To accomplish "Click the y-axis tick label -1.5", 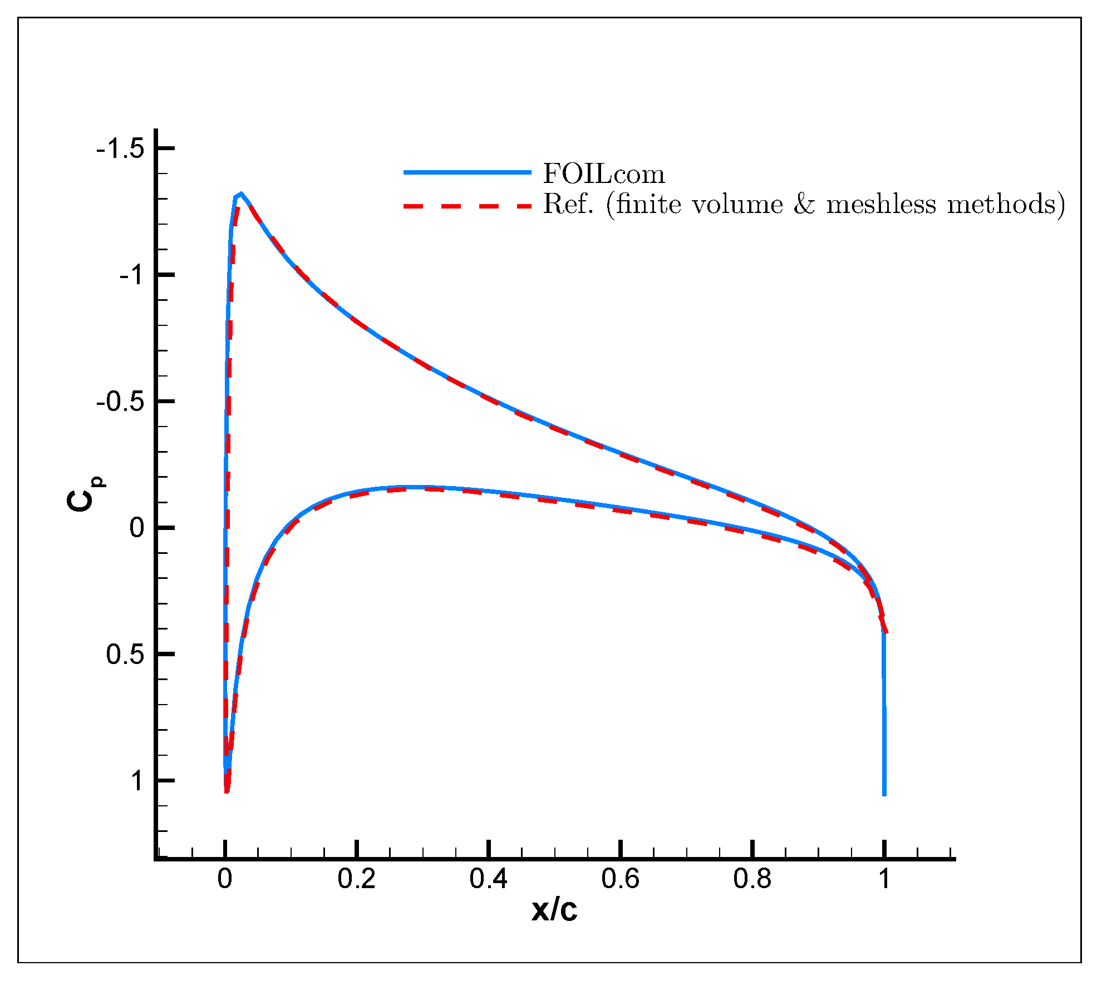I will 120,149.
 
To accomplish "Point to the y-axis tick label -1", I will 132,275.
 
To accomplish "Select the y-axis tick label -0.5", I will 120,402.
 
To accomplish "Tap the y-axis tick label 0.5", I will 125,655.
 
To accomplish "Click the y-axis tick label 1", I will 137,781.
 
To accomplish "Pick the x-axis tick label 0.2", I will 356,879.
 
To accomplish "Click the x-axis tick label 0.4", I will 488,879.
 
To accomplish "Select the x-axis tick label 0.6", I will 620,879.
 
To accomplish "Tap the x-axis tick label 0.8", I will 752,879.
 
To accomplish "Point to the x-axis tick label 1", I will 884,879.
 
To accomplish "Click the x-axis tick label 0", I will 225,879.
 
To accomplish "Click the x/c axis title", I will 554,910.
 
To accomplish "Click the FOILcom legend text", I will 604,175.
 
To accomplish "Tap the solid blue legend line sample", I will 468,172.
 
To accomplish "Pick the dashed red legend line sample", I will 468,206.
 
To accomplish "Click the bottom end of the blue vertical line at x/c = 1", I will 884,794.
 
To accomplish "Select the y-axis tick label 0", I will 137,528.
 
